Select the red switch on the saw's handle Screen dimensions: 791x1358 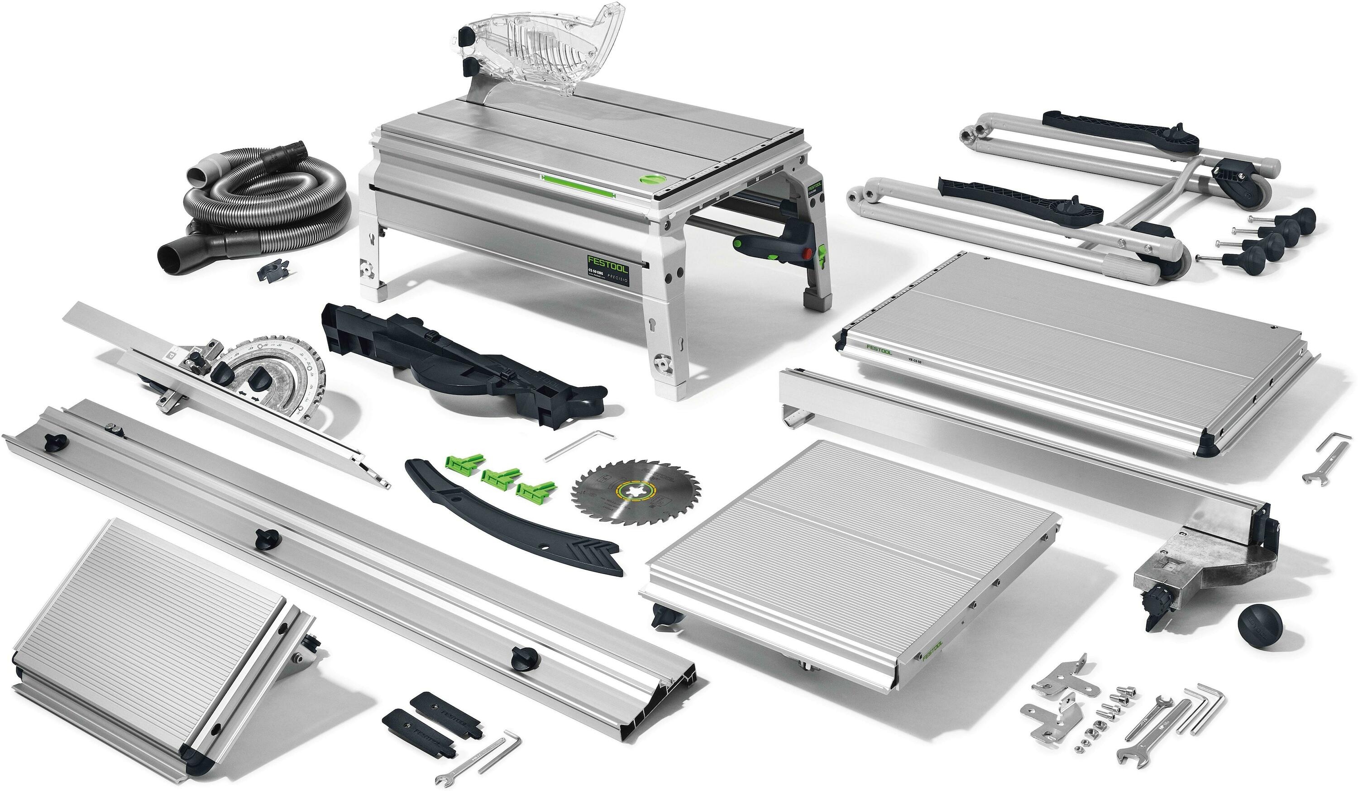(x=807, y=254)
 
